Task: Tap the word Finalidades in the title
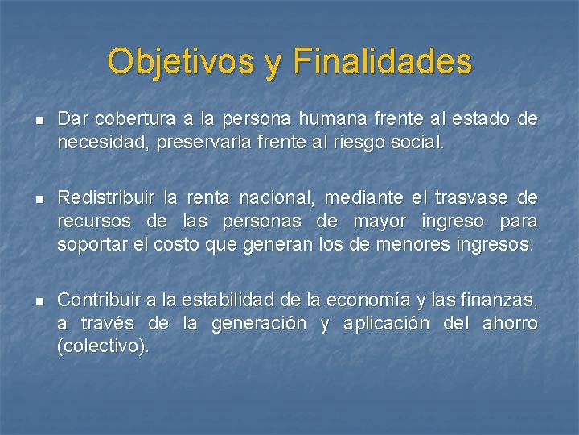click(x=383, y=62)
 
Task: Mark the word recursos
click(x=90, y=221)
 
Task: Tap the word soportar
click(x=88, y=244)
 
